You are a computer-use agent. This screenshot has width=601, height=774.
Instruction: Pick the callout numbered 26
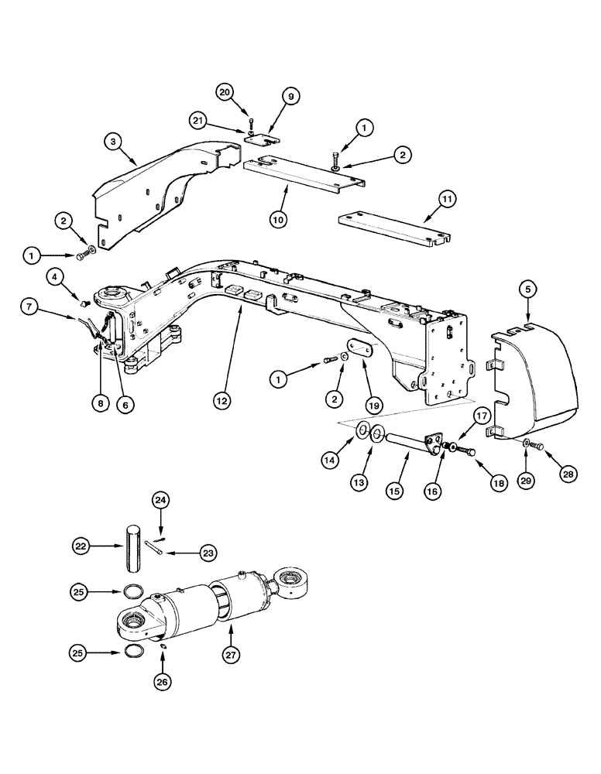(163, 681)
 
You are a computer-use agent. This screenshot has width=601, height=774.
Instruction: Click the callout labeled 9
(291, 96)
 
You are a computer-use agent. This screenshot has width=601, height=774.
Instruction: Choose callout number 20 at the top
(225, 93)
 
